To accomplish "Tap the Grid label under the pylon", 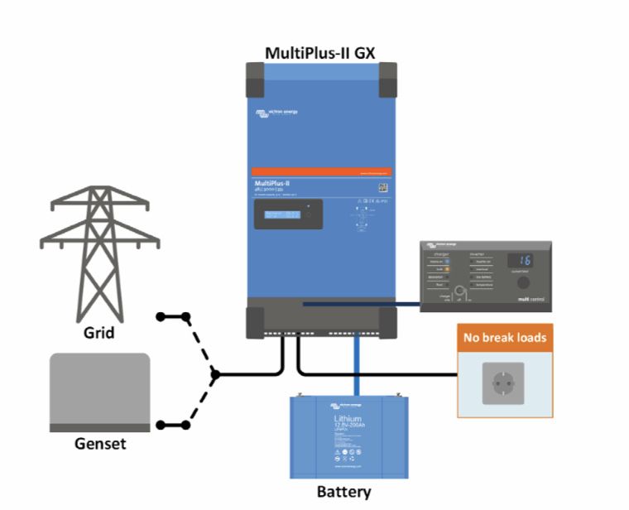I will [x=99, y=334].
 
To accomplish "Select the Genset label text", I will [x=99, y=444].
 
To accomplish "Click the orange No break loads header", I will [x=505, y=338].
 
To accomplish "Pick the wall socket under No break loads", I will [x=503, y=383].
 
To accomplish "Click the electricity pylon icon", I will [x=99, y=248].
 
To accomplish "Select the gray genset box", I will [x=99, y=392].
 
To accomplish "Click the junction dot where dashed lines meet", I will [x=215, y=374].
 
